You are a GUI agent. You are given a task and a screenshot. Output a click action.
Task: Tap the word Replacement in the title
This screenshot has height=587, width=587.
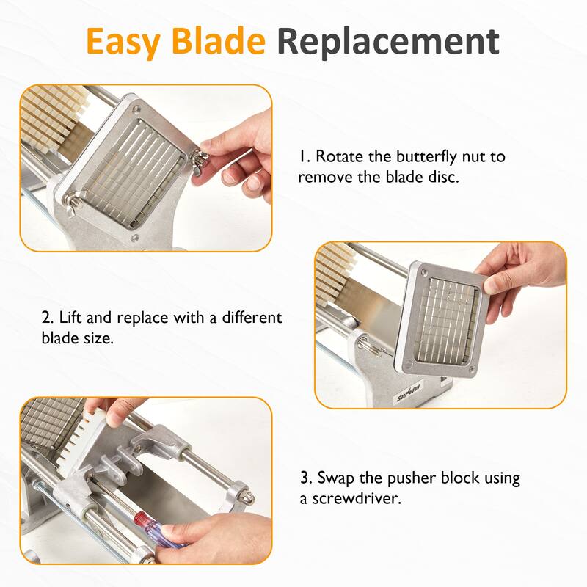388,42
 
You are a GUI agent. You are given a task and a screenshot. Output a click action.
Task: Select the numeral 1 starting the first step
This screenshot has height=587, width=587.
301,157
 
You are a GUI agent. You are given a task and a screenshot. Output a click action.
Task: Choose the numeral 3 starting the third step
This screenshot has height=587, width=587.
305,478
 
